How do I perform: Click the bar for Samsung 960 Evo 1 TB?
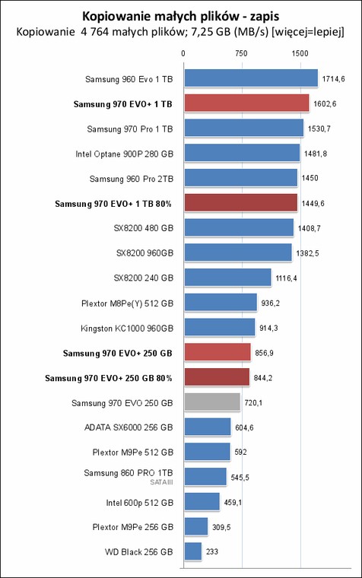click(251, 78)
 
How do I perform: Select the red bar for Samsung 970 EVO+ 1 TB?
click(246, 103)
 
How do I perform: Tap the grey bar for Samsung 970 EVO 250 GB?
click(212, 402)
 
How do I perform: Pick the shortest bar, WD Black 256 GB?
click(193, 551)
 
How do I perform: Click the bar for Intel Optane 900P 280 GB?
click(242, 153)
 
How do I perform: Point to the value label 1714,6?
click(334, 79)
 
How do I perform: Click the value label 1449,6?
click(313, 204)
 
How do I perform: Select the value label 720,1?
click(253, 403)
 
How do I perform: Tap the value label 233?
click(212, 552)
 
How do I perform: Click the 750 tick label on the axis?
click(241, 53)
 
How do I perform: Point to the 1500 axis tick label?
click(300, 53)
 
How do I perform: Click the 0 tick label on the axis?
click(183, 53)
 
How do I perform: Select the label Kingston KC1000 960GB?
click(127, 329)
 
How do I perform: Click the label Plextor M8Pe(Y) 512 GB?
click(127, 303)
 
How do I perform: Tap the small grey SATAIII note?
click(161, 482)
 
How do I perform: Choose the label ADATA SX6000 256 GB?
click(129, 427)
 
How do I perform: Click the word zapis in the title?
click(265, 17)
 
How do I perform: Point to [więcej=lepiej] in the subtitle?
click(308, 33)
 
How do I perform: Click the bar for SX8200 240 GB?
click(228, 277)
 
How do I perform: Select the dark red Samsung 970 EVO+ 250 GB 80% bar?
click(218, 376)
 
